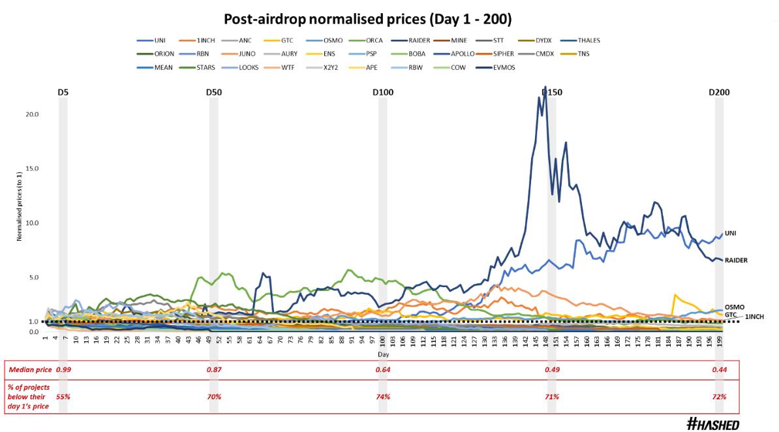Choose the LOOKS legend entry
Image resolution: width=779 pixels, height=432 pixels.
pos(249,67)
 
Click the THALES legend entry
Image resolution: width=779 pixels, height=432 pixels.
pos(588,40)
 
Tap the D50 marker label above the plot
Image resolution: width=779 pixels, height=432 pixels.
pos(213,93)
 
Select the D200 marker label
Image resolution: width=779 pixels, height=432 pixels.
pos(719,93)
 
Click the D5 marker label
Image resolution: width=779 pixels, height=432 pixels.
pos(63,93)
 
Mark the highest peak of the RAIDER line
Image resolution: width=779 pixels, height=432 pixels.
pos(545,86)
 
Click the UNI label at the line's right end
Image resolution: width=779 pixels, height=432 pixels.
pos(731,233)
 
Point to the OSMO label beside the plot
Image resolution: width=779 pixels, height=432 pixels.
pos(735,307)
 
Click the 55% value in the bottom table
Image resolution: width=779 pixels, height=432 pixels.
pos(63,396)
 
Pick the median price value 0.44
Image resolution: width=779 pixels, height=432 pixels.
pos(720,369)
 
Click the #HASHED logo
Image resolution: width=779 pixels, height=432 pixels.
pos(713,424)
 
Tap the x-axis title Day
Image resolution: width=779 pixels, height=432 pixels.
pos(384,354)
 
